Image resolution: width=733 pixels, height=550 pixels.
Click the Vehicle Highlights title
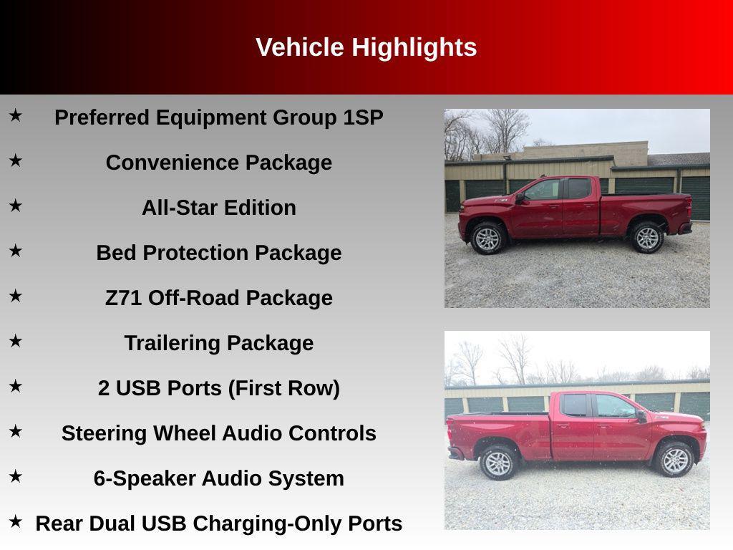pos(366,47)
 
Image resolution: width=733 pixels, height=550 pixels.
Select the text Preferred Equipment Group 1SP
pos(218,117)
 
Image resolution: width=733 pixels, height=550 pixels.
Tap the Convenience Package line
pos(218,163)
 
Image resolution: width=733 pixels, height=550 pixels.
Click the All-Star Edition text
pos(218,208)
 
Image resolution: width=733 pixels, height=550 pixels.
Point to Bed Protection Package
pos(218,253)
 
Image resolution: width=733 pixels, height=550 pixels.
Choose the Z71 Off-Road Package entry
pos(218,298)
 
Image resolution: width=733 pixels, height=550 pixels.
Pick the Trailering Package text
pos(218,343)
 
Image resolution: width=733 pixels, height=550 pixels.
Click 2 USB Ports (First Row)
pos(218,388)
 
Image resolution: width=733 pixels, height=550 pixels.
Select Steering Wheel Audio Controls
pos(218,433)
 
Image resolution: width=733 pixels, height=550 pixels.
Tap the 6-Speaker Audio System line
pos(218,478)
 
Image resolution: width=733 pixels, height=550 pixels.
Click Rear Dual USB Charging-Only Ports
pos(218,524)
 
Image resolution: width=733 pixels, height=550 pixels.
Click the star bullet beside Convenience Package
pos(15,160)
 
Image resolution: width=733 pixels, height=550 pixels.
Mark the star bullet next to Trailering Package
pos(15,341)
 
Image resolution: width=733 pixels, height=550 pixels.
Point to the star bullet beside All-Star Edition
pos(15,206)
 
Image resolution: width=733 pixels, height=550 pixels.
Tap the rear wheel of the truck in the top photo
pos(647,238)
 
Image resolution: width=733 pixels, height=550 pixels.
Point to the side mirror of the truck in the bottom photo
pos(641,415)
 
